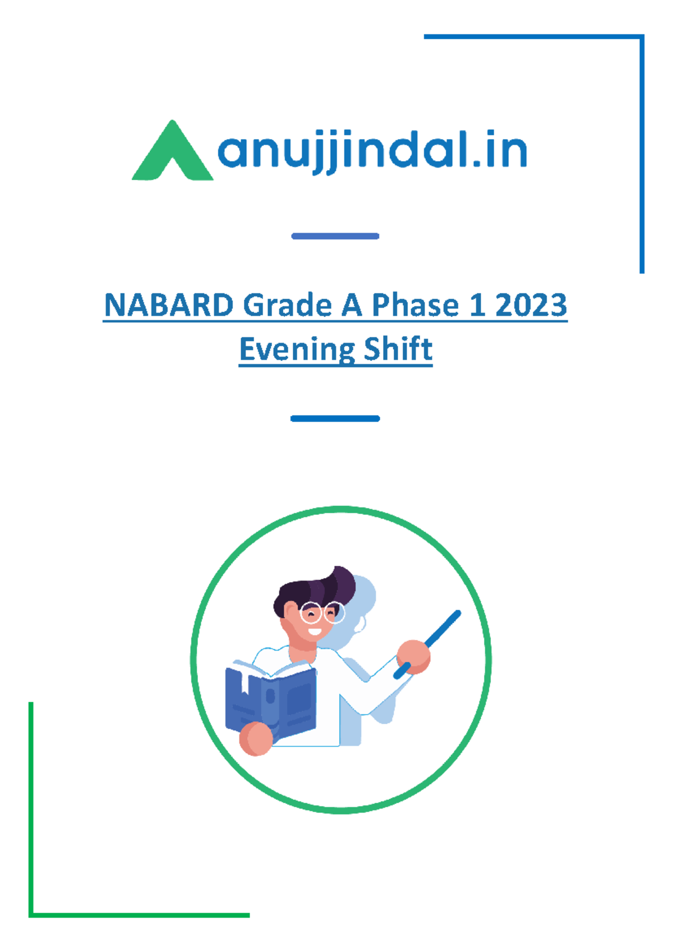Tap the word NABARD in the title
pyautogui.click(x=169, y=305)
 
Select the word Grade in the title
pyautogui.click(x=288, y=305)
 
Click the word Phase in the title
pyautogui.click(x=415, y=305)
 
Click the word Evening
pyautogui.click(x=296, y=350)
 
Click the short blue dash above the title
pyautogui.click(x=335, y=236)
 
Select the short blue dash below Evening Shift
pyautogui.click(x=335, y=419)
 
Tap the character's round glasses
pyautogui.click(x=322, y=613)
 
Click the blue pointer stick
pyautogui.click(x=427, y=644)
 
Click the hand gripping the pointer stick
pyautogui.click(x=413, y=657)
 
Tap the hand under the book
pyautogui.click(x=256, y=739)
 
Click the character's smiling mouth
pyautogui.click(x=315, y=631)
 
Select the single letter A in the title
pyautogui.click(x=352, y=305)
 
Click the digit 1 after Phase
pyautogui.click(x=477, y=305)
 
